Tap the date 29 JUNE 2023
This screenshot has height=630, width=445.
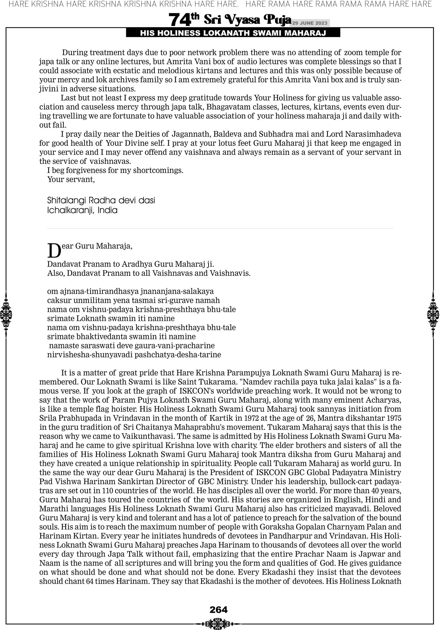[310, 23]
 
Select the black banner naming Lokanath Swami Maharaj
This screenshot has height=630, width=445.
[233, 33]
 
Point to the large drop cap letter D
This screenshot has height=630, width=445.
[54, 251]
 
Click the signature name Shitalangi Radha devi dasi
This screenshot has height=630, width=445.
[101, 200]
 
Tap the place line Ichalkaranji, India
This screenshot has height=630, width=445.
[82, 210]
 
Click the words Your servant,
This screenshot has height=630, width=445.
[71, 179]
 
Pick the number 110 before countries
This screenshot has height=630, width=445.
[108, 490]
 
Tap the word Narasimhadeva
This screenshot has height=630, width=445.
[373, 134]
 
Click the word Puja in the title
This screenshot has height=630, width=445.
[277, 20]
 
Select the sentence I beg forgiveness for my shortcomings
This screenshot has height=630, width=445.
[115, 171]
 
